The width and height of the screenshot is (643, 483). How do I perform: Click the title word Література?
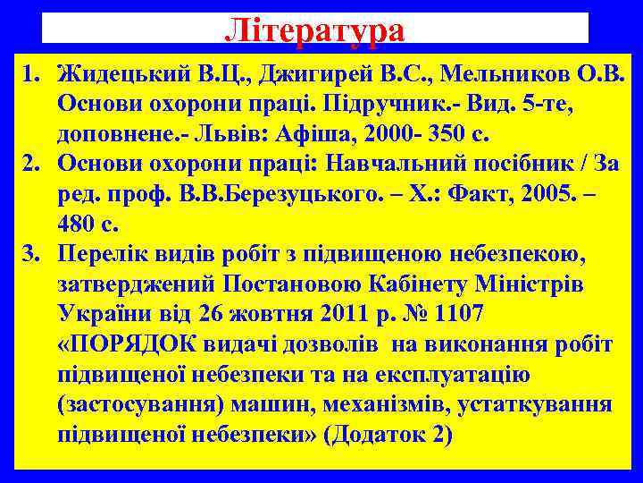coord(314,29)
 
